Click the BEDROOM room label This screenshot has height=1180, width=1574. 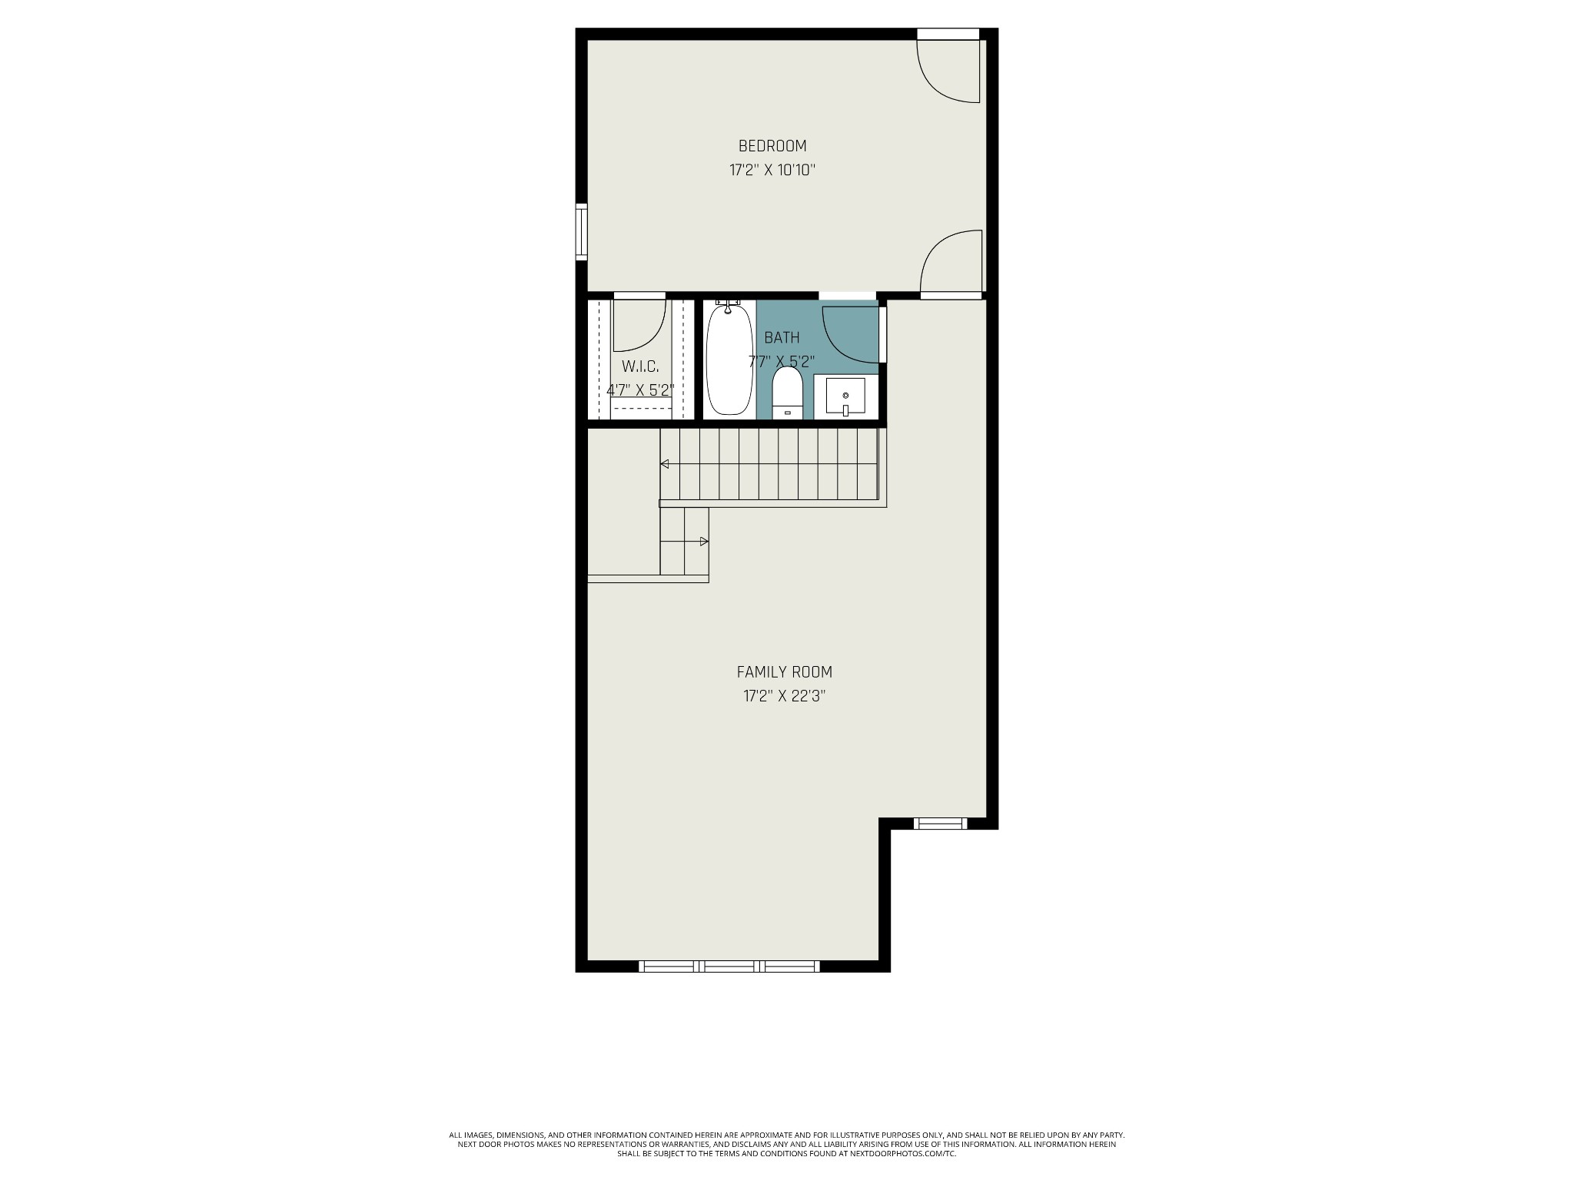tap(772, 146)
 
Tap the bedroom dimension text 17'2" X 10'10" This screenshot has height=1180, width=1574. tap(772, 170)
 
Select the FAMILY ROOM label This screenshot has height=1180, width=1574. tap(784, 672)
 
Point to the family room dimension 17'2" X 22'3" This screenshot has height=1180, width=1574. tap(784, 697)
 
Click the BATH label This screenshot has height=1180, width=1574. tap(782, 337)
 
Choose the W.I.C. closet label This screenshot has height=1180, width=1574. tap(640, 366)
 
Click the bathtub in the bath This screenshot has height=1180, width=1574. tap(729, 360)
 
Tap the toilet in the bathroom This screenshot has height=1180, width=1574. tap(787, 393)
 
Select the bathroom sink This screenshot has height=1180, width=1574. tap(845, 396)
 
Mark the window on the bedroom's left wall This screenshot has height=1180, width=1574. tap(582, 231)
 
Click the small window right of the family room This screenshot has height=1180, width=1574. tap(940, 824)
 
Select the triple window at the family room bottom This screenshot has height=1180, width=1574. tap(729, 966)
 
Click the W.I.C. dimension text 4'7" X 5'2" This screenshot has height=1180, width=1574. tap(640, 390)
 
